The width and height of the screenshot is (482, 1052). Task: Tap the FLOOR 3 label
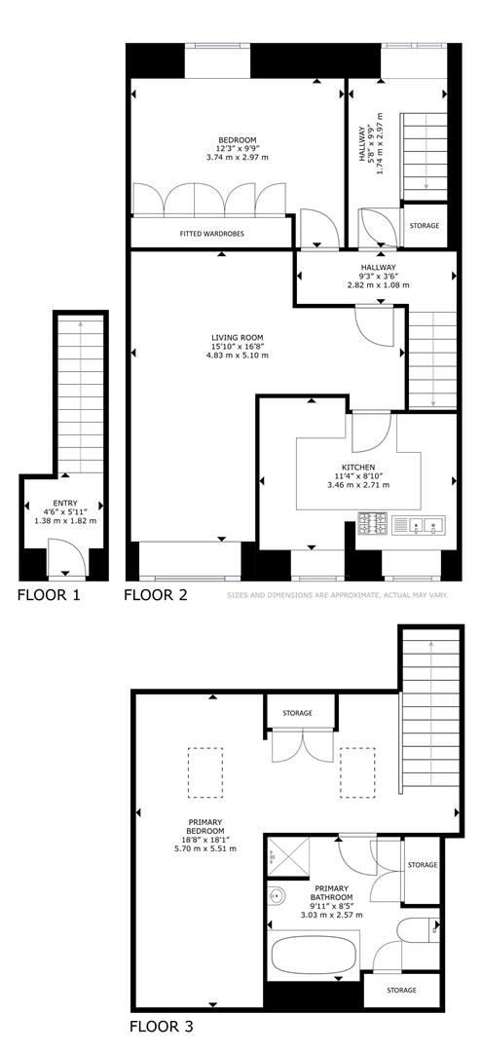click(167, 1026)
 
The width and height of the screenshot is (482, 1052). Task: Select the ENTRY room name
click(65, 502)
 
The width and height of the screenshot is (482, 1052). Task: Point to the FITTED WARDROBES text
click(208, 234)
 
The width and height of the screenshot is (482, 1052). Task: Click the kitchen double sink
click(426, 525)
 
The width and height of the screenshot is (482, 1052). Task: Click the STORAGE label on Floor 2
click(424, 225)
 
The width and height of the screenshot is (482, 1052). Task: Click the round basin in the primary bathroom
click(277, 894)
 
